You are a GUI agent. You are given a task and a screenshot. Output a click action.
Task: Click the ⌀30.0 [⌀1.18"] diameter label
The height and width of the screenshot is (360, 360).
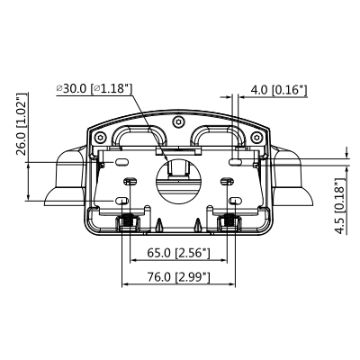coord(94,88)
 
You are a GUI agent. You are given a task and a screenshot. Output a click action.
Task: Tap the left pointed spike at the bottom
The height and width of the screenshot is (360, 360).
coord(159,223)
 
